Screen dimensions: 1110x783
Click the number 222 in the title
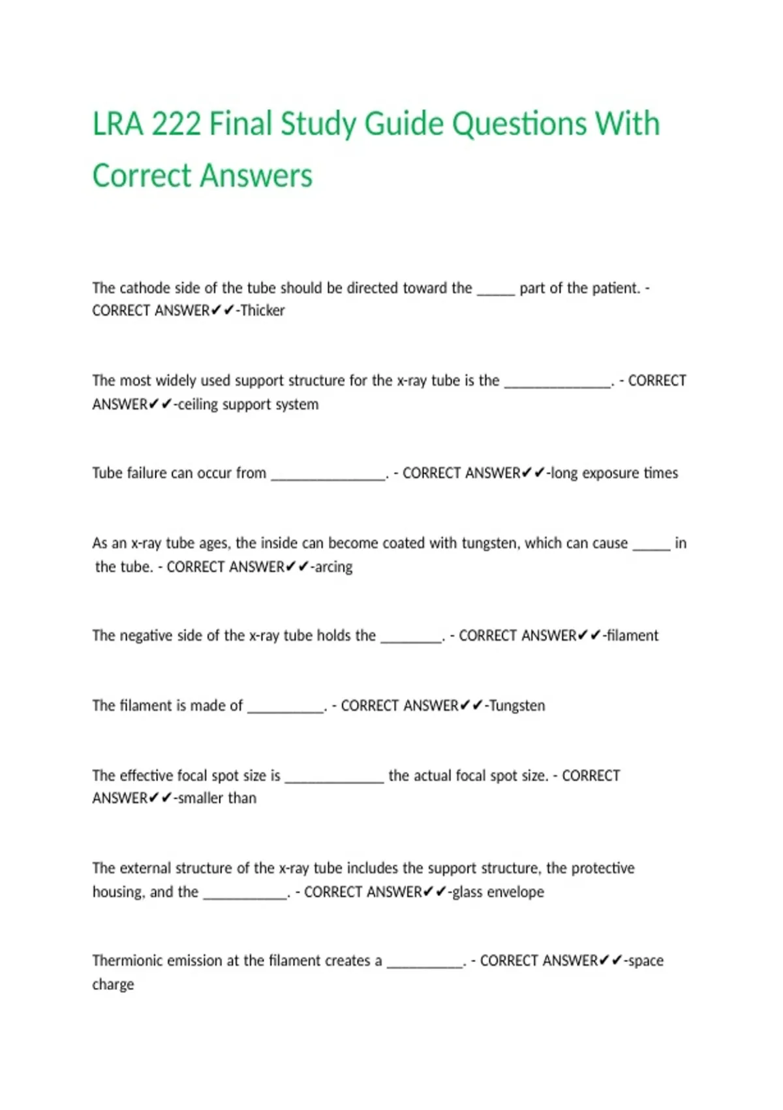pos(176,124)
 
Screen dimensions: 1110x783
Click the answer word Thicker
pos(262,311)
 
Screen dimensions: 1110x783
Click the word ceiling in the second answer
pos(198,405)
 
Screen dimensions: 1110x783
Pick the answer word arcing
pos(333,567)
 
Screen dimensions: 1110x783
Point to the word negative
pos(145,636)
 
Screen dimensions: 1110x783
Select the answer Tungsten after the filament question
pos(517,706)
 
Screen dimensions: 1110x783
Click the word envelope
pos(515,892)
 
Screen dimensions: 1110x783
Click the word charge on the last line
pos(113,985)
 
